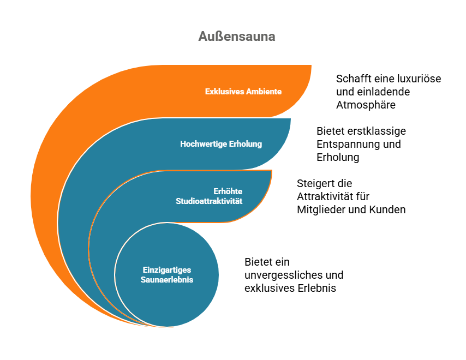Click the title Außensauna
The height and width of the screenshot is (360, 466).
coord(237,37)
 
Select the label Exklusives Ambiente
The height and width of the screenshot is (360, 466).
coord(243,92)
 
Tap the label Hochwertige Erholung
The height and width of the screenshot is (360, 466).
coord(221,144)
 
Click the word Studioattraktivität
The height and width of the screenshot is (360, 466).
coord(209,201)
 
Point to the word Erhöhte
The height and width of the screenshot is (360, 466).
coord(228,191)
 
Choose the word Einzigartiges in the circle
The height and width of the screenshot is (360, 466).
coord(167,269)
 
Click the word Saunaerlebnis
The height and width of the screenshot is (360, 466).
coord(167,279)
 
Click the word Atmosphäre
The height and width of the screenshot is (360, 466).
coord(366,105)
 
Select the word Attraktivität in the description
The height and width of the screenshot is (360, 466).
coord(333,196)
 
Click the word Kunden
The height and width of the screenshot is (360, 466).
coord(387,209)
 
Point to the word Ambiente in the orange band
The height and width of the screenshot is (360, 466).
coord(264,92)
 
